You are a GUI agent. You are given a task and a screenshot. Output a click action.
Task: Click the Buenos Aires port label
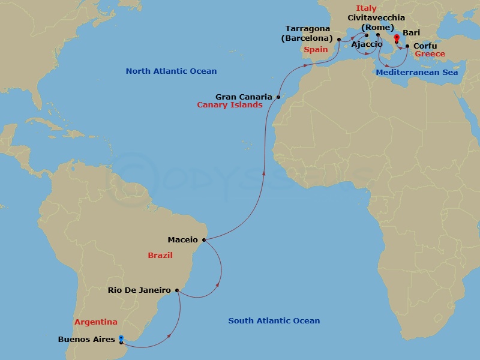click(86, 340)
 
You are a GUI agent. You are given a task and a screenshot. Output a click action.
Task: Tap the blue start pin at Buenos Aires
click(121, 339)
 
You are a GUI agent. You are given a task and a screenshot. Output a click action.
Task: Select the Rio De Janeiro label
click(140, 290)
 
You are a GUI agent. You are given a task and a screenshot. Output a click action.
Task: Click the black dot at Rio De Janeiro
click(177, 290)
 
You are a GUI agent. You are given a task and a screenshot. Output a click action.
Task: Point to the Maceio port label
click(182, 240)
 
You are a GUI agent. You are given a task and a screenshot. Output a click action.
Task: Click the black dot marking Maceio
click(204, 240)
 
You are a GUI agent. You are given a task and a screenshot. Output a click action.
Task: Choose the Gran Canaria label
click(244, 96)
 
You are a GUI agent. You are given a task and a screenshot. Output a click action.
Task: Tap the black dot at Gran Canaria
click(278, 97)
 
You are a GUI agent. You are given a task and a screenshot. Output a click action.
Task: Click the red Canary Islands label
click(230, 105)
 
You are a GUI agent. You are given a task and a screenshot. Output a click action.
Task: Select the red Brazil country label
click(160, 256)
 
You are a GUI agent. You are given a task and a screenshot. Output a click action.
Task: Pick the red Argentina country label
click(96, 322)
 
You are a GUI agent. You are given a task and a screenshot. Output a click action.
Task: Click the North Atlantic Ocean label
click(171, 71)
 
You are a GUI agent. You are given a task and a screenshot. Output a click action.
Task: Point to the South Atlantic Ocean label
click(274, 321)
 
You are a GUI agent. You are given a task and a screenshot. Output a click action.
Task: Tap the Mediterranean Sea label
click(417, 73)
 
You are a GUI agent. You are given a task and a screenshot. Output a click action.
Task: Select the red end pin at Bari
click(396, 37)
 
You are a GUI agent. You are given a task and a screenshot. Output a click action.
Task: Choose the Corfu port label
click(425, 46)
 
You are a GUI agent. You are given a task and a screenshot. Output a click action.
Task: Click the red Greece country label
click(430, 54)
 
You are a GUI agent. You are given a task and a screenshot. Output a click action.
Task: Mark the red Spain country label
click(316, 50)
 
